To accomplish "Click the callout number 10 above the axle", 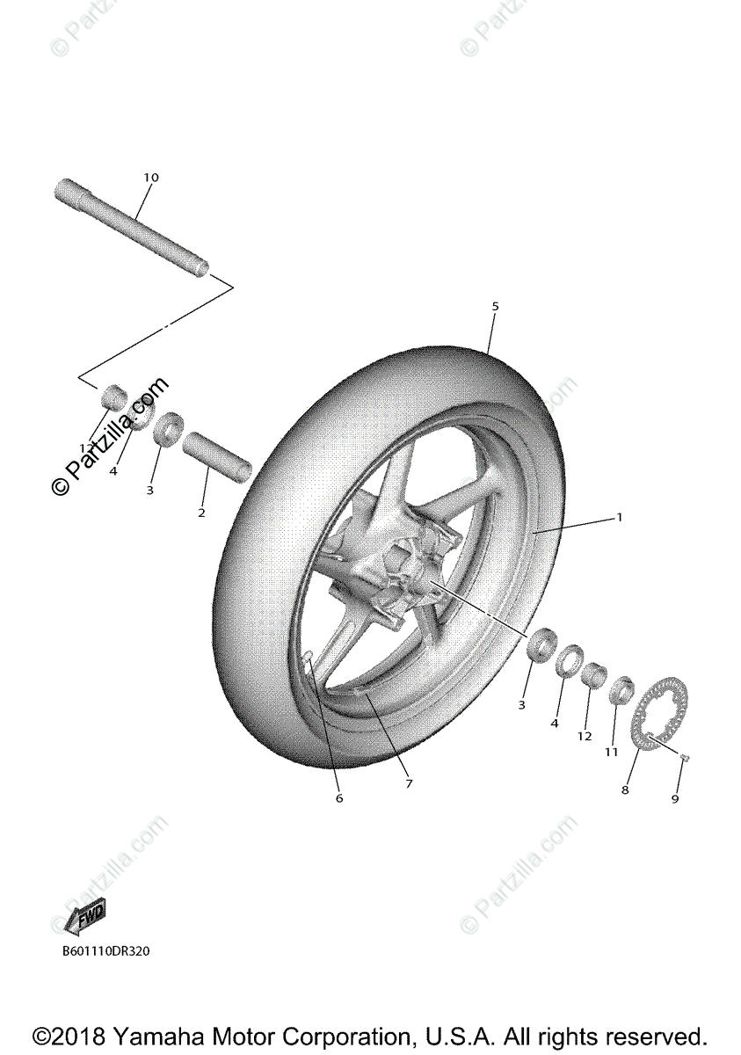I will [x=151, y=178].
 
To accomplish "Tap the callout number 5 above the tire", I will [x=495, y=306].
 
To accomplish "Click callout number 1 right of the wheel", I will [x=619, y=517].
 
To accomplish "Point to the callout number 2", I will [x=201, y=513].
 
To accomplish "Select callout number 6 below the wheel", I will [x=338, y=798].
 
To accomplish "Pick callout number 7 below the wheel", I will [x=408, y=783].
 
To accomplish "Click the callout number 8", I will [x=625, y=790].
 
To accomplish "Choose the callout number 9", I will [x=675, y=799].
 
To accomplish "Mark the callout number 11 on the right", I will [x=612, y=752].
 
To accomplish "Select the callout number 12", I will [x=585, y=736].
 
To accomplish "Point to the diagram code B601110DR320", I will [x=105, y=950].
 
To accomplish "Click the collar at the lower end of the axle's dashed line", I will [x=113, y=397].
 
